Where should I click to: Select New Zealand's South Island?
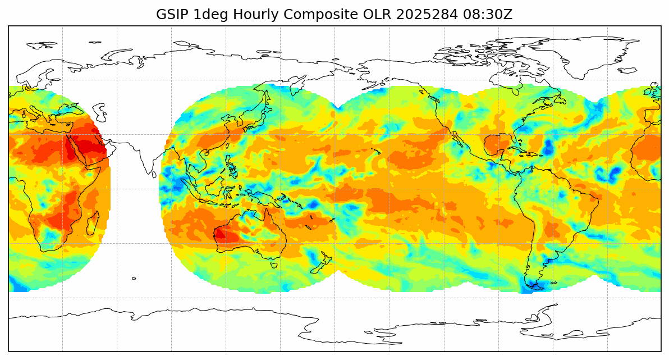319,265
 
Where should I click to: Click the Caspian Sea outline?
99,112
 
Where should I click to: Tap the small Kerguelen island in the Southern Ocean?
134,278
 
